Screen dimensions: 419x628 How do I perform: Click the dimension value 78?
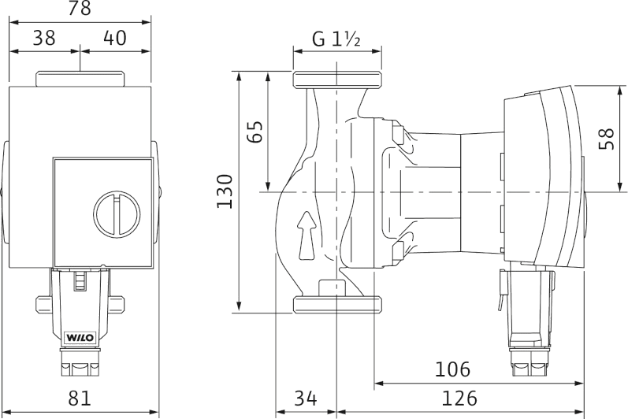[80, 9]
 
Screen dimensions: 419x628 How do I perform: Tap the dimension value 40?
[115, 38]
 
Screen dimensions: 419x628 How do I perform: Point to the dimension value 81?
[80, 399]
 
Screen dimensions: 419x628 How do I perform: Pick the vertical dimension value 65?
[255, 131]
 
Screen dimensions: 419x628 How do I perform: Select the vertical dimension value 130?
[225, 191]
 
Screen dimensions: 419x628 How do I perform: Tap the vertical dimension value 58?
[606, 139]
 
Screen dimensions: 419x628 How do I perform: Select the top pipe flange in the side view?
[337, 80]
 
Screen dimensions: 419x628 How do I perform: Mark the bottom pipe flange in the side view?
[337, 304]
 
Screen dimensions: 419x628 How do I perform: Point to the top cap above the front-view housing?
[80, 80]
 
